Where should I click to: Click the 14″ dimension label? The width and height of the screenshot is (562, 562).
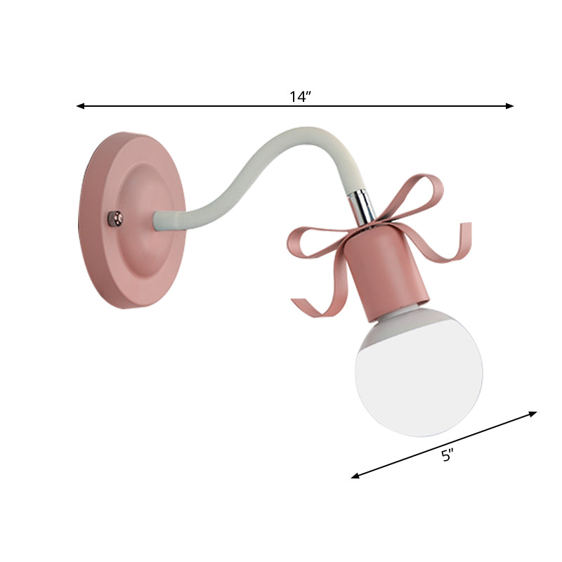300,97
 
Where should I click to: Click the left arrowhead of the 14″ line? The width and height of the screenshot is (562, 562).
79,106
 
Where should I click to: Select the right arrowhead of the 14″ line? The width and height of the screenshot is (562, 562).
511,106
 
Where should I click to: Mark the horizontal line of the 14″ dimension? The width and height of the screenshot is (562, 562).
211,106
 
